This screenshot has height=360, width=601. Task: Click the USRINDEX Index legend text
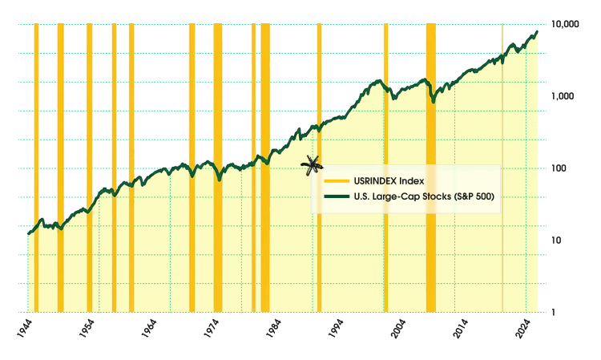pos(383,181)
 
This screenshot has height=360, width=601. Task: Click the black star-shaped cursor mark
pos(313,165)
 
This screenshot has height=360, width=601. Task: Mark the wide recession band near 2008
pos(430,168)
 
